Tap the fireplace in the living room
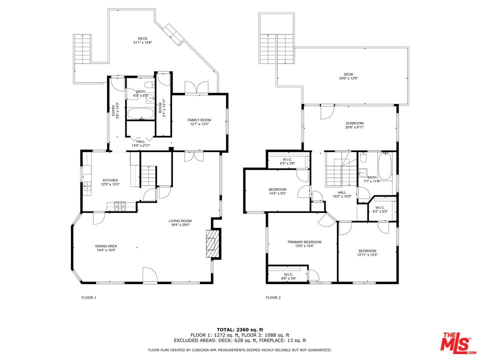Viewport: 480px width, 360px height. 212,243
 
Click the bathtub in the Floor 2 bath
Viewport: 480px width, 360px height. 384,167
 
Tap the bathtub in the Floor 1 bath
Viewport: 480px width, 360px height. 142,113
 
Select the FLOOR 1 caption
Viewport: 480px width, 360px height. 88,297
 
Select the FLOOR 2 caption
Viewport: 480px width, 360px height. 273,297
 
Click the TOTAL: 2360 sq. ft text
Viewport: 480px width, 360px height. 239,329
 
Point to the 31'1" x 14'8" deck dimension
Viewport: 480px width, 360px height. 143,43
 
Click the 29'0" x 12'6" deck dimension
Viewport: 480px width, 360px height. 348,78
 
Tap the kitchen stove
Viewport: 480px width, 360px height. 120,204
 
